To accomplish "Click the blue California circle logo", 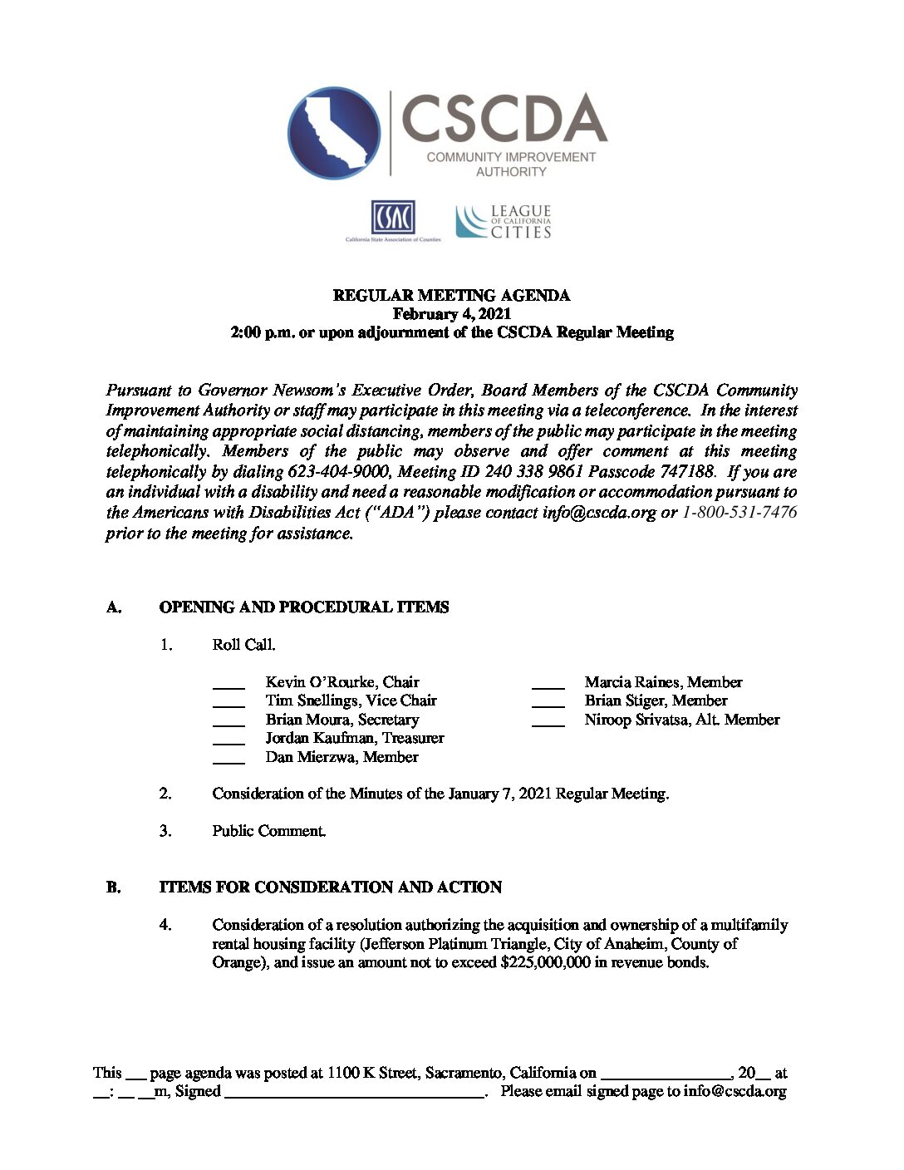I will [x=334, y=133].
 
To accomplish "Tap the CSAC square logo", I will [x=392, y=218].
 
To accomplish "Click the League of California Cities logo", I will [x=504, y=221].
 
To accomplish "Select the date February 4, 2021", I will [x=451, y=314].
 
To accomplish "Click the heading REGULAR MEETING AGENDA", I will [x=451, y=296].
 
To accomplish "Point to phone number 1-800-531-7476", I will [x=739, y=513].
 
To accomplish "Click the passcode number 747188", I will [x=686, y=472].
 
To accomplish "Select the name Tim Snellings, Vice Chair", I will [x=351, y=701].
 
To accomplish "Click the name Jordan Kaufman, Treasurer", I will [x=355, y=738].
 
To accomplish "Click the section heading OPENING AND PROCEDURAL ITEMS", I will [x=304, y=607].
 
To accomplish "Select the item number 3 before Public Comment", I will [x=166, y=831].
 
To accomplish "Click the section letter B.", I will [x=113, y=887].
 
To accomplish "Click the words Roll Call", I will [x=243, y=645].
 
